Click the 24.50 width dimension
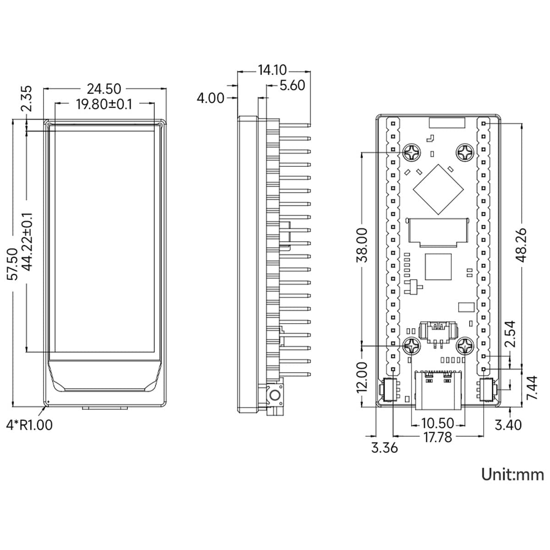pos(104,89)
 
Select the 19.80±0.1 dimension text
pos(104,104)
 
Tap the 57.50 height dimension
pos(12,264)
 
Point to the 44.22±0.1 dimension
pos(27,242)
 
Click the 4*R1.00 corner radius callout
pos(29,425)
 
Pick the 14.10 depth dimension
pos(272,70)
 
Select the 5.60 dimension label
pos(292,85)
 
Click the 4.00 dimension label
pos(210,98)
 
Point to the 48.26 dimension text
pos(522,245)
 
